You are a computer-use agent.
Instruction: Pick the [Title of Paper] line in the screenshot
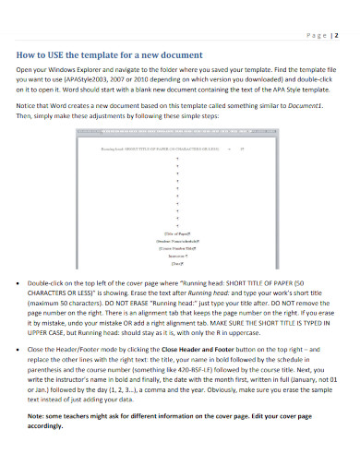point(178,234)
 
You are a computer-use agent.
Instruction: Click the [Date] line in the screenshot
point(178,263)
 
